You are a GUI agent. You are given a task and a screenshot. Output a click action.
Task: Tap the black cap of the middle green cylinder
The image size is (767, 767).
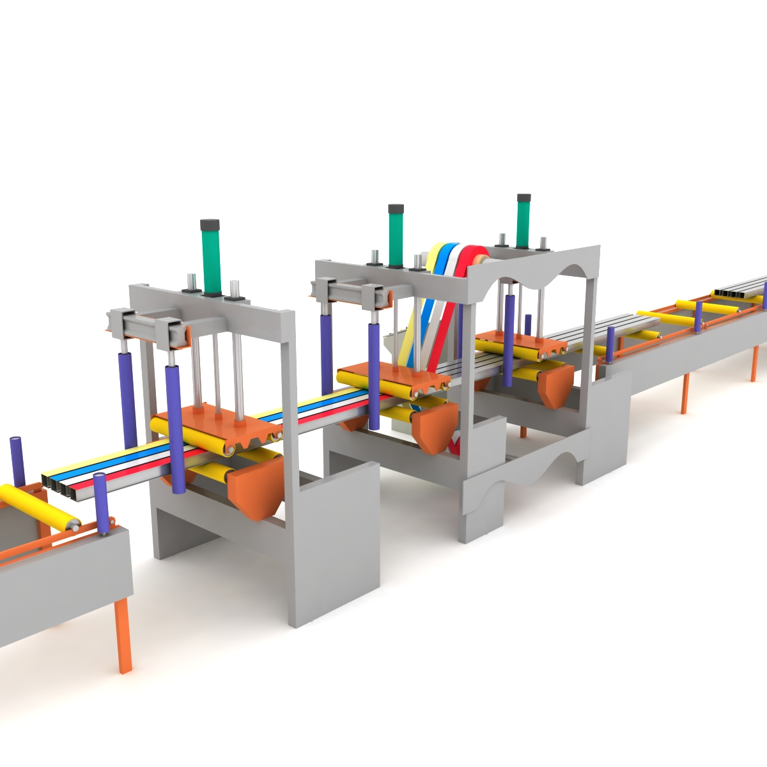click(x=396, y=210)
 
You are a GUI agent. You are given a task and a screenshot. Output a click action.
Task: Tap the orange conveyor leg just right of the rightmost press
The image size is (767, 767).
click(x=685, y=393)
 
